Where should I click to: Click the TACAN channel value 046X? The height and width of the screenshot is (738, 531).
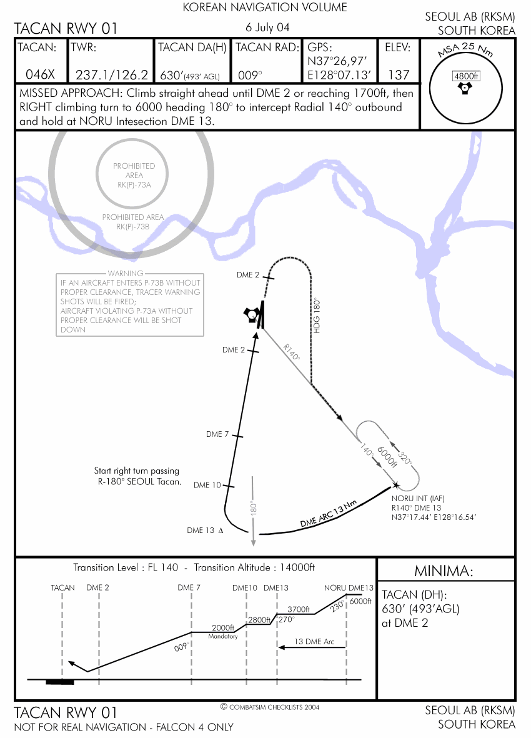40,74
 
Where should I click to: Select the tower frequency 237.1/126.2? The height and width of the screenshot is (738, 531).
112,74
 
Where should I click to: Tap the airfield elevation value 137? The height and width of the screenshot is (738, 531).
399,74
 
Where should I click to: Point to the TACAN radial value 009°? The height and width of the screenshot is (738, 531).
250,75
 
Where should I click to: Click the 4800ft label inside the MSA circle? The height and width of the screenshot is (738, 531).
465,76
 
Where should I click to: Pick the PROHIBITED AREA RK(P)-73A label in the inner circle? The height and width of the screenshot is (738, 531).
134,175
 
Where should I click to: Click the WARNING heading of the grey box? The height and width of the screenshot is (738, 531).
125,274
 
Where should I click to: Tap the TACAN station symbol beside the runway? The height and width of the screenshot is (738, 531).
251,314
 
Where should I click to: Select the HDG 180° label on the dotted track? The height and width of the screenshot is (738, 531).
317,316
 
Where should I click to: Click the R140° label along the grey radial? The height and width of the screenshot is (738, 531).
292,352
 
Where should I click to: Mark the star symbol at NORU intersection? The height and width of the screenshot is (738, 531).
396,486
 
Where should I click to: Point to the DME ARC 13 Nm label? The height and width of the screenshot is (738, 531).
329,514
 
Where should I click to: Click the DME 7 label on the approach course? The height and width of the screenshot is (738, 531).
217,434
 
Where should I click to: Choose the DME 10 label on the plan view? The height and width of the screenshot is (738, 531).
207,485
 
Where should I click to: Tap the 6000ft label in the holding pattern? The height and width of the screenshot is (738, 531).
387,456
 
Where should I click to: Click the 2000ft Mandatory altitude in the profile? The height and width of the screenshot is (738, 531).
223,631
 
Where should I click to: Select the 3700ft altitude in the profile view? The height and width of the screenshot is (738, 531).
298,609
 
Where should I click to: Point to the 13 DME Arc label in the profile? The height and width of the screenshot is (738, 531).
314,642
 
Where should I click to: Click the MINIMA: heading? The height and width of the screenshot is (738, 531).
444,571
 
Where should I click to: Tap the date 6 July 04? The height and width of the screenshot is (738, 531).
267,27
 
